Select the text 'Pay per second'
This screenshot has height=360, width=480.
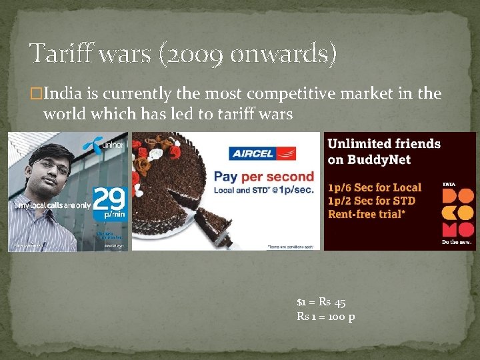click(x=263, y=177)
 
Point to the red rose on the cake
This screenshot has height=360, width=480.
click(x=141, y=164)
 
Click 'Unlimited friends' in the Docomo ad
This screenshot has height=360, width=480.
click(x=384, y=143)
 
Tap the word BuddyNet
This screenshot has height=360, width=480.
click(x=385, y=159)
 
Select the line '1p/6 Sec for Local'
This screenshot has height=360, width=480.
click(x=375, y=187)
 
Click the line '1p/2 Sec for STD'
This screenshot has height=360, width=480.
click(x=371, y=201)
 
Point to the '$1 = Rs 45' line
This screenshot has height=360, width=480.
click(x=321, y=302)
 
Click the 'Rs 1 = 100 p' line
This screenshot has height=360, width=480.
click(x=325, y=316)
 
